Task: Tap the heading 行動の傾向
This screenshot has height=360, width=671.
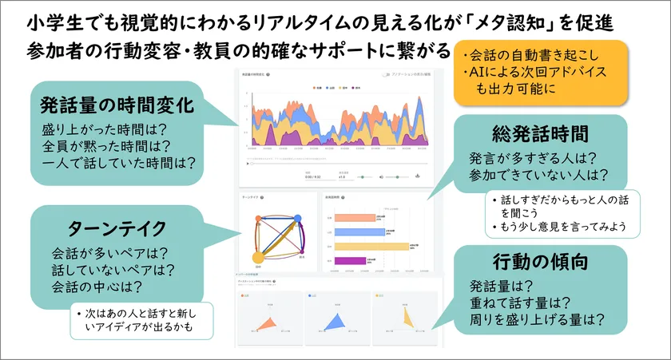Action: pos(541,261)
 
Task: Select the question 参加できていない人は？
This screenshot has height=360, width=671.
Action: pos(540,174)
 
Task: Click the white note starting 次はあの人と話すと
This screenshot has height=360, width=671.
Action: pos(145,319)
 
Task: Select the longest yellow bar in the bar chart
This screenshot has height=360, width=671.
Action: pos(371,246)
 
